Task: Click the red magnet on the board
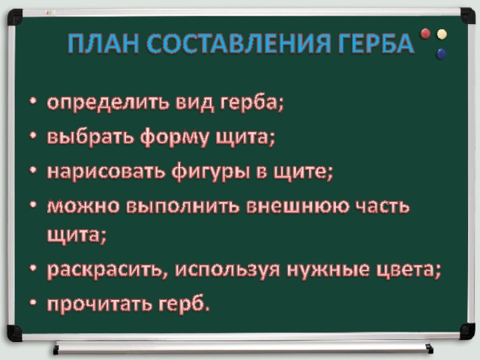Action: point(425,33)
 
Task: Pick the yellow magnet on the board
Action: point(442,34)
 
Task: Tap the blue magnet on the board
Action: point(442,53)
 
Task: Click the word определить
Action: point(108,103)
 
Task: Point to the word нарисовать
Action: point(105,172)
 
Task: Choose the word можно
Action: point(83,207)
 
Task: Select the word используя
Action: point(227,271)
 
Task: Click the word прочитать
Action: point(100,304)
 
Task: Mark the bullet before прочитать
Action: point(34,303)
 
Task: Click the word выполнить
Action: point(183,207)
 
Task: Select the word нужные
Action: point(328,271)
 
